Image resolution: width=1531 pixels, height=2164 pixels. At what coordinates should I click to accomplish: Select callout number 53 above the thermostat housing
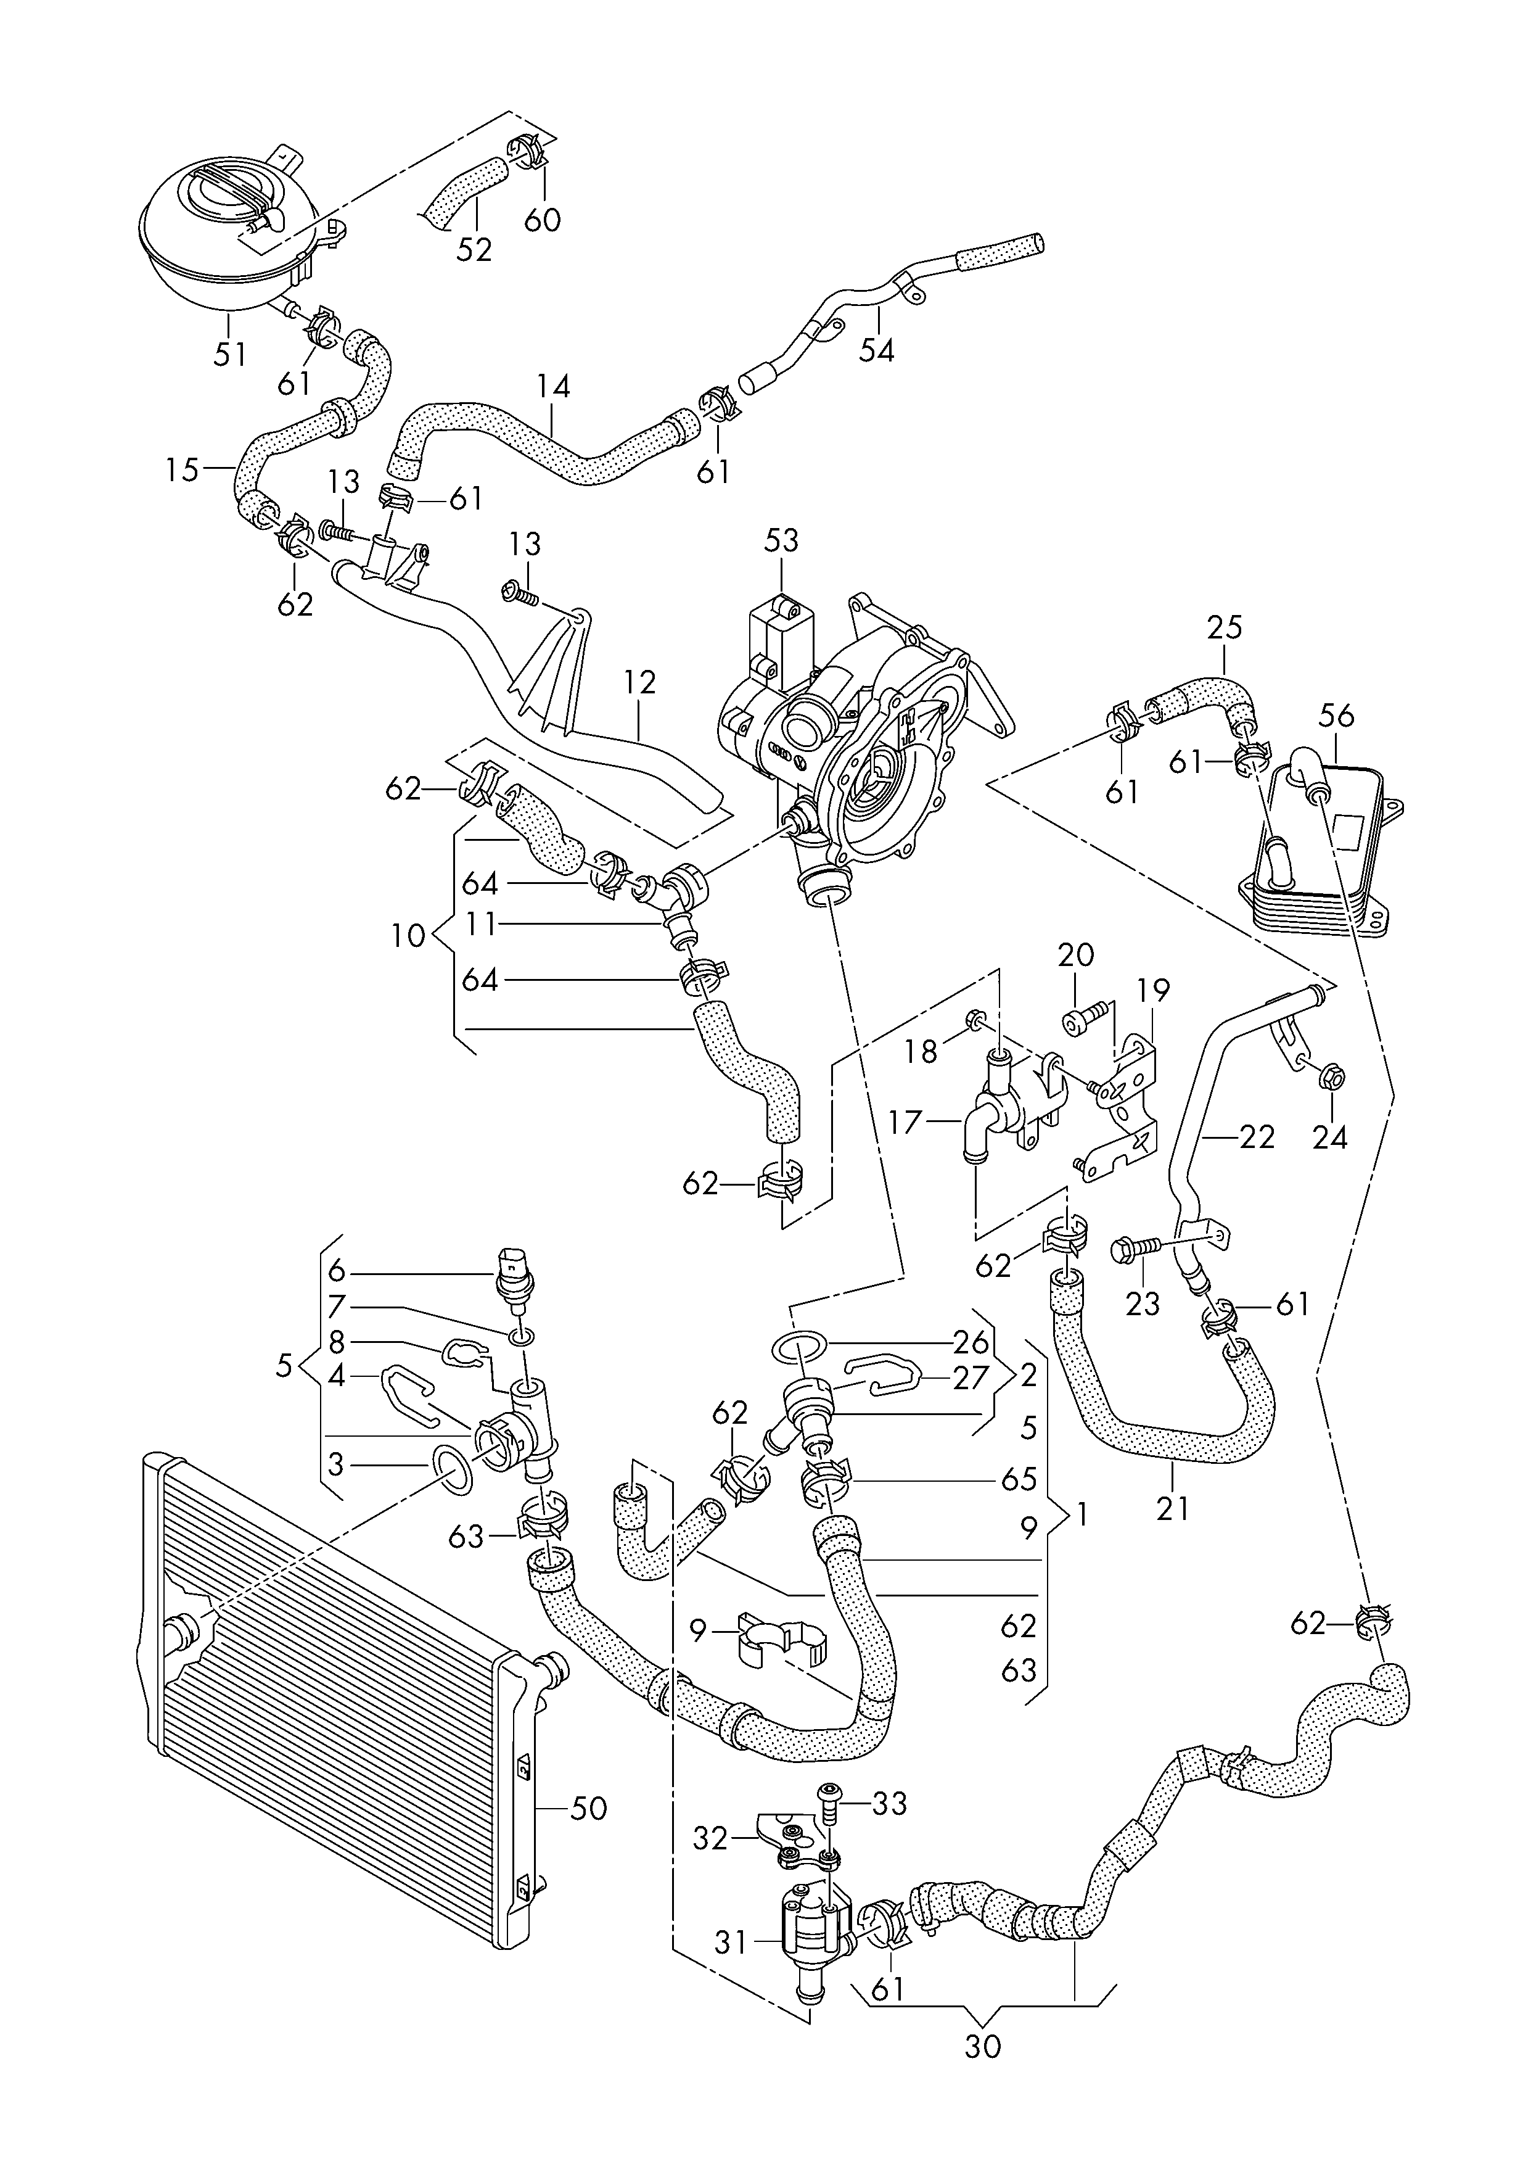pyautogui.click(x=781, y=540)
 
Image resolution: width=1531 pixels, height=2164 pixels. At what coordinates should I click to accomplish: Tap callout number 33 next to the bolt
pyautogui.click(x=888, y=1803)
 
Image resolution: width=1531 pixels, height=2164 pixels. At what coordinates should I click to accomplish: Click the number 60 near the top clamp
pyautogui.click(x=542, y=219)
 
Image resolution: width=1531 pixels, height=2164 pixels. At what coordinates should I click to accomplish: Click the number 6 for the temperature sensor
pyautogui.click(x=337, y=1270)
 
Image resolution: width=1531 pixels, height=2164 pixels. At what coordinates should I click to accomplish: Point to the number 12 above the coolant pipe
pyautogui.click(x=639, y=683)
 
